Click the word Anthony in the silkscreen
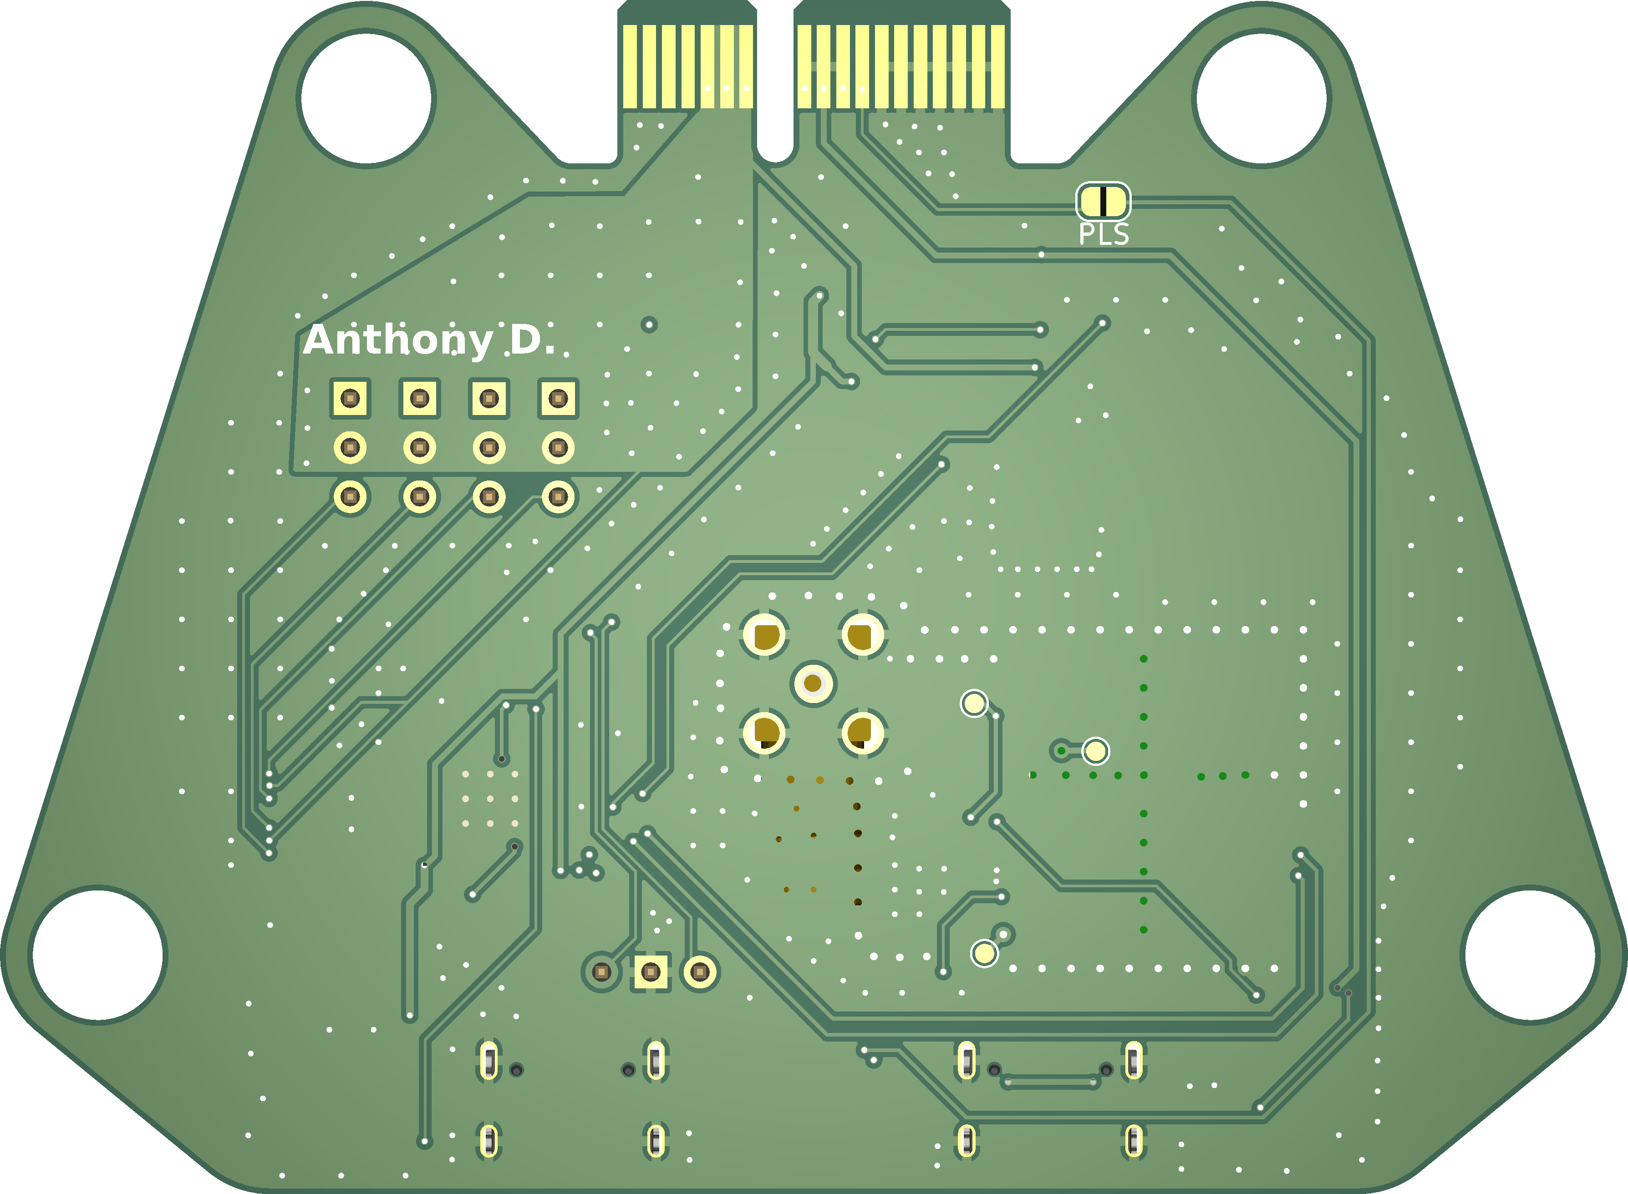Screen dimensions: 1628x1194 397,340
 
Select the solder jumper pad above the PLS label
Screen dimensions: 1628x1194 1103,202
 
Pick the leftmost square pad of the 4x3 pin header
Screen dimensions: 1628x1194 350,398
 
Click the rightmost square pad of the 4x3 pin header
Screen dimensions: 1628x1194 558,398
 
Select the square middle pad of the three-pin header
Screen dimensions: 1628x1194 651,972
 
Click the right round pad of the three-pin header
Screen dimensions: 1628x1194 700,972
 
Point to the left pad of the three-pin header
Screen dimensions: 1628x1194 601,972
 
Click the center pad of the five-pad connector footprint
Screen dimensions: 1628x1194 813,683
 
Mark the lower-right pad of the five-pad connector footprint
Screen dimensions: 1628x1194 862,732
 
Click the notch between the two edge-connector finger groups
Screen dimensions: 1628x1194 775,80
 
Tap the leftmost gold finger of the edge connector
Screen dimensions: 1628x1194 630,66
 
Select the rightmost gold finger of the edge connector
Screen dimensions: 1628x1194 997,66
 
